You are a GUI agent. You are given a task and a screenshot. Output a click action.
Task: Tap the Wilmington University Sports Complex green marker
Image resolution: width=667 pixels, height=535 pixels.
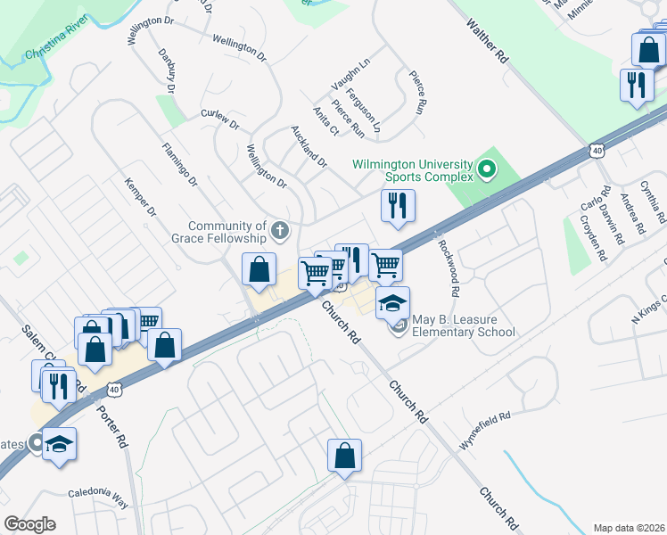point(487,169)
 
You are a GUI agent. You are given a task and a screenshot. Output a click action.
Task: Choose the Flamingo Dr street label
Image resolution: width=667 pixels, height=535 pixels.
point(179,164)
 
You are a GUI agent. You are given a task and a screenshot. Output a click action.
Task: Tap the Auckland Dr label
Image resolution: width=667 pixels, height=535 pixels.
point(309,145)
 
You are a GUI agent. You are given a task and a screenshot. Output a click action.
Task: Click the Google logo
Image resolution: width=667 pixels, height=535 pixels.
point(29,524)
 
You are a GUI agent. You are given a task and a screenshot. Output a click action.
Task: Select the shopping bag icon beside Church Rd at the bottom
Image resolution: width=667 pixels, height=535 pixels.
point(344,456)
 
